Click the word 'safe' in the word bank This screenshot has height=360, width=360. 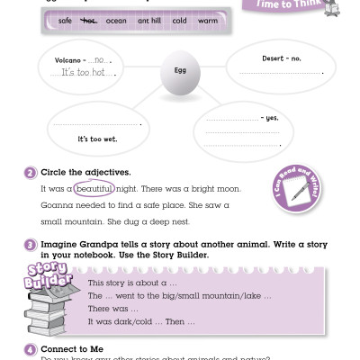(x=65, y=19)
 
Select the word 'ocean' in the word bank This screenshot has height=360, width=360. (x=116, y=19)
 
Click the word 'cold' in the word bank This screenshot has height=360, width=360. (x=180, y=19)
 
